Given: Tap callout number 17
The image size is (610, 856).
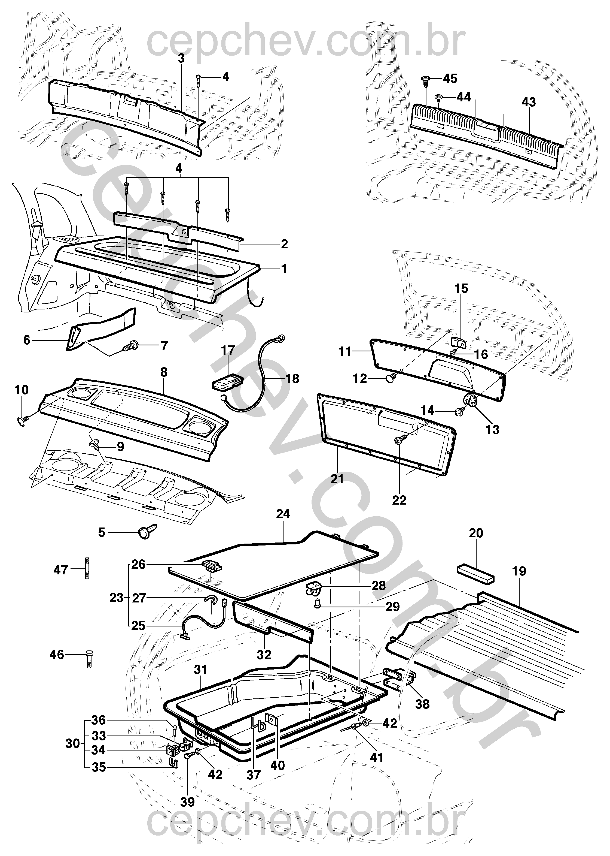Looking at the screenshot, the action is [228, 350].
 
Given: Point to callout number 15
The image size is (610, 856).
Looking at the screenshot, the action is [461, 289].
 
